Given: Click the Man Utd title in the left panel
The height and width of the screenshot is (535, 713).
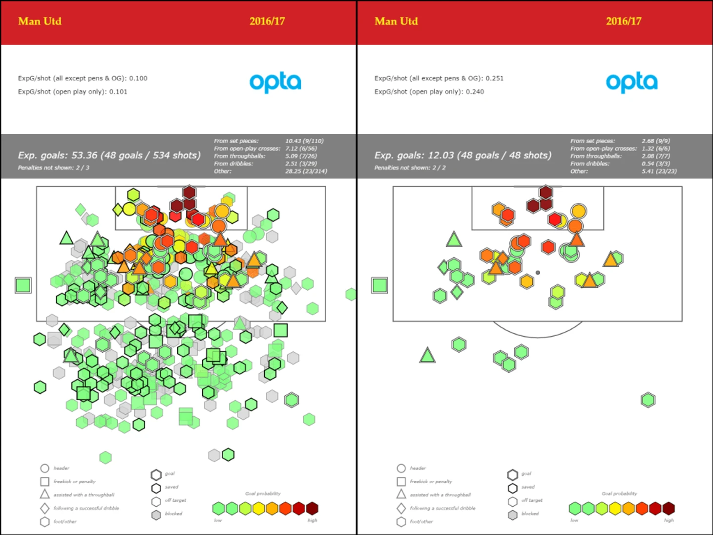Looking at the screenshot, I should pos(40,21).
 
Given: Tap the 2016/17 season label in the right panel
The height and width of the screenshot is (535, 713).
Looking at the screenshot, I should pos(623,21).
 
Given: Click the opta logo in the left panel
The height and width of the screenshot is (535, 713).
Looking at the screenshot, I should pos(275,82).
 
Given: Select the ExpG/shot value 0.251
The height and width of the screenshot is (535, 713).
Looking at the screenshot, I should pos(494,78).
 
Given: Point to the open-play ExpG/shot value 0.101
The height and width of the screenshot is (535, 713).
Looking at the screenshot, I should pos(118,91).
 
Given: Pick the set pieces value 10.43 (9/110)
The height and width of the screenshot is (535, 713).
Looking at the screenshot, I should pos(304,141).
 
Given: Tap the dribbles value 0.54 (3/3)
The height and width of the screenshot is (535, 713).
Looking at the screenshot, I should pos(655,164).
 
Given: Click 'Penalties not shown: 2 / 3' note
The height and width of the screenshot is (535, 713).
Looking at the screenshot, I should pos(54,168).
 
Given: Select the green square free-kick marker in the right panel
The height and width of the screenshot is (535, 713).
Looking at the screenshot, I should pos(380,285).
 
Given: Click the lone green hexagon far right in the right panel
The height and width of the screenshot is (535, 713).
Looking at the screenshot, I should pos(648,400).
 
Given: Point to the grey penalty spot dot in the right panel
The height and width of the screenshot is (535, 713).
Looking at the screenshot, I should pos(538,273).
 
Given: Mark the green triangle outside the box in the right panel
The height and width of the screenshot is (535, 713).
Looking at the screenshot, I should pos(427,355).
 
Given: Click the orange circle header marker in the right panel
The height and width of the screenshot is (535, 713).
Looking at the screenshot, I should pos(578,211).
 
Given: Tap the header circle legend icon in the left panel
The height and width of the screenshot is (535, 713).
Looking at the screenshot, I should pos(44,468).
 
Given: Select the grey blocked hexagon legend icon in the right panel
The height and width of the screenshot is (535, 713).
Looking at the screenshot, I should pos(512,515).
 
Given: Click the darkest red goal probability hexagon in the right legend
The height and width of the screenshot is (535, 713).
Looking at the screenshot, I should pos(669,508).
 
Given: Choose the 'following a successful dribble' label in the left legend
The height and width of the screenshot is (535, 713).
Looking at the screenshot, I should pos(86,508).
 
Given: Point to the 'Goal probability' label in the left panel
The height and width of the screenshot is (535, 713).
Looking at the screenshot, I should pos(263,493).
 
